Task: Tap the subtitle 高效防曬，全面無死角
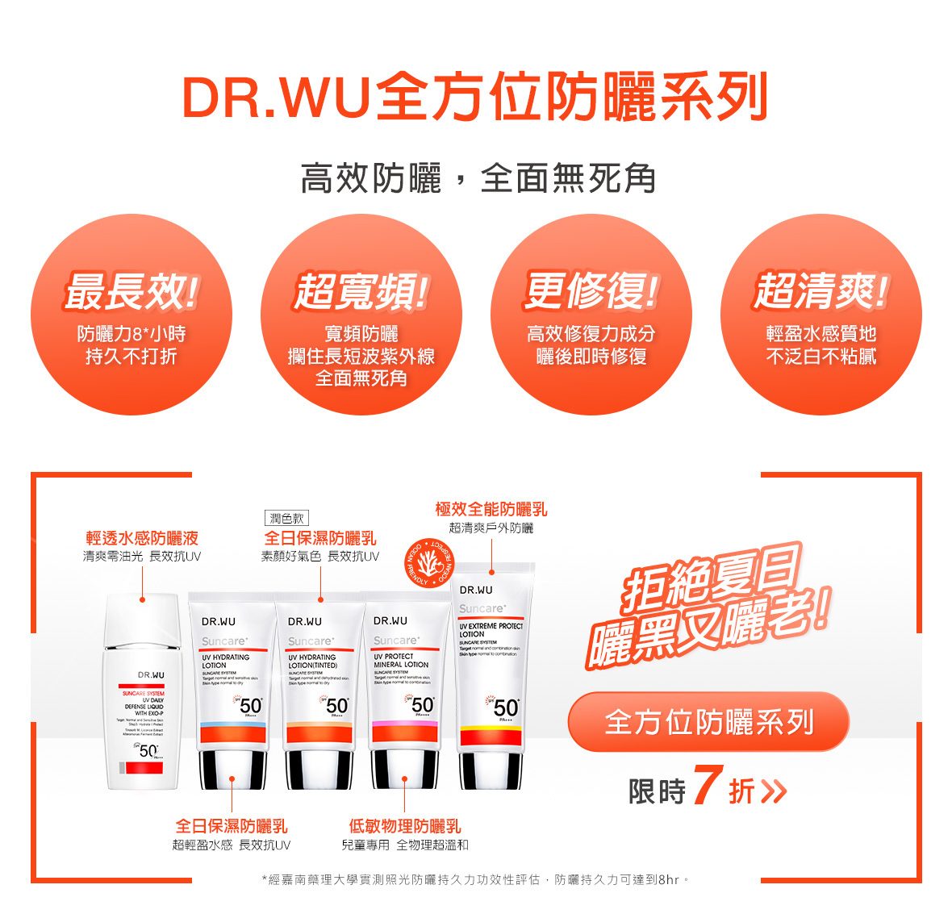(478, 178)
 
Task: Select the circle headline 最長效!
(131, 291)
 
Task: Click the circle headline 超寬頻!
(361, 291)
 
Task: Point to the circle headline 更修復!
(591, 291)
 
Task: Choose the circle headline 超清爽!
(820, 291)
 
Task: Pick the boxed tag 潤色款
(286, 519)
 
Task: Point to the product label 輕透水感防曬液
(142, 538)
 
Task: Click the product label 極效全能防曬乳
(491, 509)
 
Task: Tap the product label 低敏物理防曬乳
(404, 826)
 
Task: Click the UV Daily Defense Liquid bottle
(142, 694)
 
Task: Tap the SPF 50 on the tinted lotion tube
(336, 706)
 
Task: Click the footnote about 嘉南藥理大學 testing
(476, 879)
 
